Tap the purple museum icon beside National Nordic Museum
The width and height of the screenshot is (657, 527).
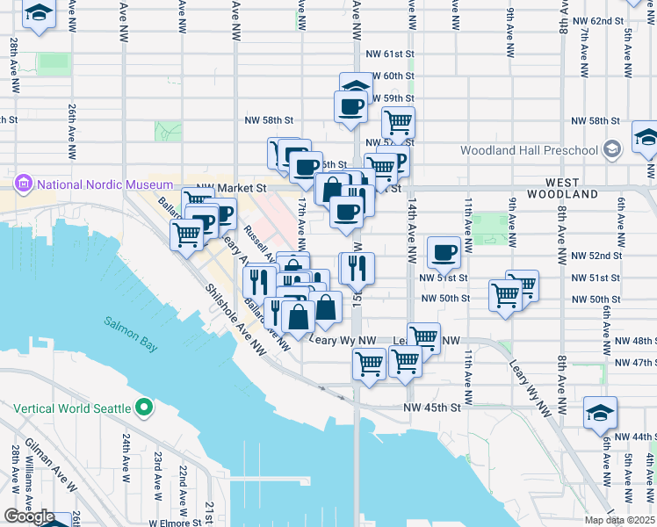point(24,184)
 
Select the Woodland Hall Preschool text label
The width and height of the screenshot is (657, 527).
point(529,150)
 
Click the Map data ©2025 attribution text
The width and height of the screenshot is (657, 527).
point(619,520)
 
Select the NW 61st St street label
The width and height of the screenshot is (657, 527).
point(393,54)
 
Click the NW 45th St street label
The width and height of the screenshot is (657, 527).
point(432,408)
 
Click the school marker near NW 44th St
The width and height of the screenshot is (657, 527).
point(601,412)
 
